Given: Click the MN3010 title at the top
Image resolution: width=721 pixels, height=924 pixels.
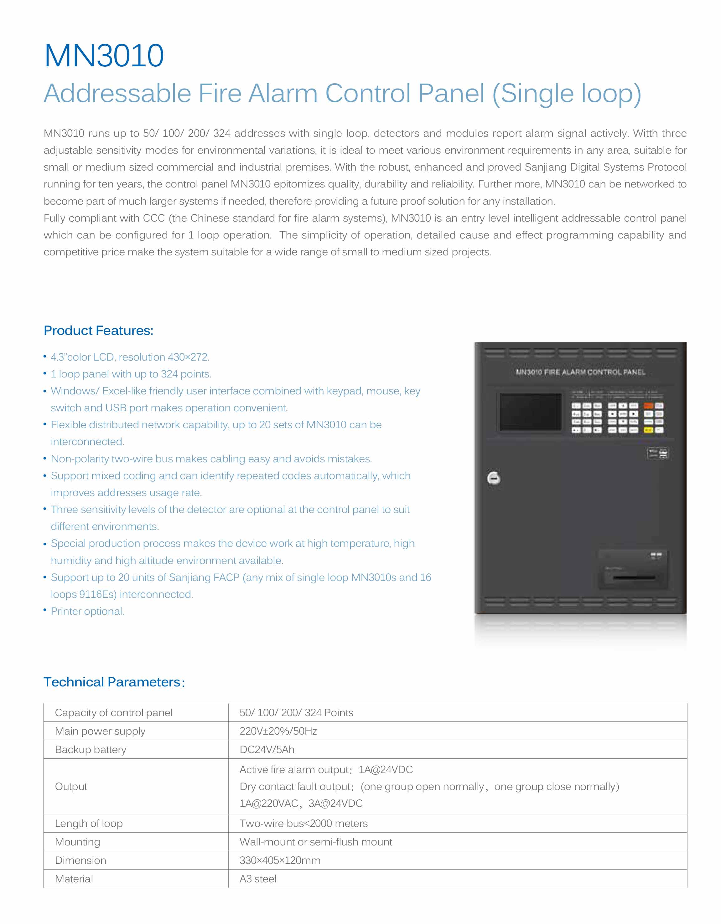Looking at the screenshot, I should tap(104, 55).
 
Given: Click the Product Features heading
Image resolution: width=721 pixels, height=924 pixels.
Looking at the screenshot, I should tap(98, 331).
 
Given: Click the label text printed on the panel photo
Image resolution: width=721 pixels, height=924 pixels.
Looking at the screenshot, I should tap(580, 372).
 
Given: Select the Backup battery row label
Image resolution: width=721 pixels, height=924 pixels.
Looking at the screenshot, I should tap(91, 749).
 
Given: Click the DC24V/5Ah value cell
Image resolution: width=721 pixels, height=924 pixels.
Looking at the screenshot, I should tap(267, 749).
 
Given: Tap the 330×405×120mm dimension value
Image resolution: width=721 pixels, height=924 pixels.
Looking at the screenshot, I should tap(280, 860).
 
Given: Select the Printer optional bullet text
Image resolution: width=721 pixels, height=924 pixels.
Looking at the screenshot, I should tap(87, 611).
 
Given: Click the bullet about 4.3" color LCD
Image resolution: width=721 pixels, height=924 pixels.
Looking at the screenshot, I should tap(130, 357).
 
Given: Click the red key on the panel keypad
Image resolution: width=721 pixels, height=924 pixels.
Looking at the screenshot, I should tap(648, 406).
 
